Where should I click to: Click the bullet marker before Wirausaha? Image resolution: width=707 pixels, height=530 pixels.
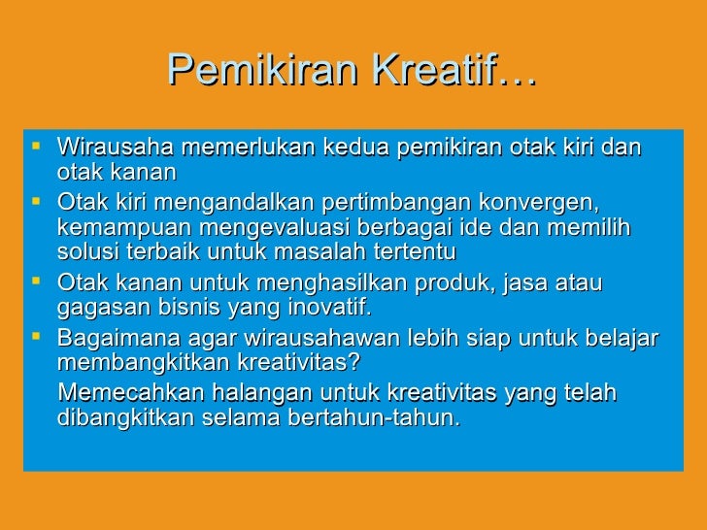click(x=37, y=148)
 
